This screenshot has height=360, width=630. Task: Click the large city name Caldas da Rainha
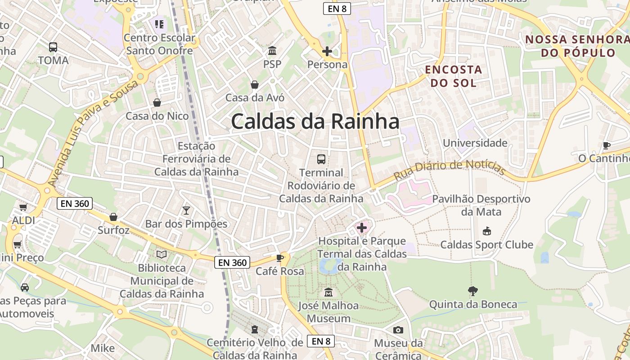[x=315, y=121]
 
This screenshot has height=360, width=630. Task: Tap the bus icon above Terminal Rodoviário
[x=321, y=159]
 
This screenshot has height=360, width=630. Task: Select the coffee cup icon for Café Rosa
[x=280, y=258]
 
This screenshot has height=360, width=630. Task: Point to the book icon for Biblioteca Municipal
[x=162, y=255]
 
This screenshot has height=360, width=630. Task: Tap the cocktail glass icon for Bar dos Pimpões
[x=186, y=210]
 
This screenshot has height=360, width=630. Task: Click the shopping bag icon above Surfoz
[x=113, y=217]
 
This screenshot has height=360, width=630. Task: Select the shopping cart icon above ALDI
[x=23, y=207]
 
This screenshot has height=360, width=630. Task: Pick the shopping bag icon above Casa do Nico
[x=157, y=103]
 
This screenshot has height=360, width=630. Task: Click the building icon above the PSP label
[x=272, y=50]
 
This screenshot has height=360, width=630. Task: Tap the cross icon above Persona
[x=327, y=51]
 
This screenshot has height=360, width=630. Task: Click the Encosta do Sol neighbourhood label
[x=453, y=76]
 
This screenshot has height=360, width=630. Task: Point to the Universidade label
[x=475, y=143]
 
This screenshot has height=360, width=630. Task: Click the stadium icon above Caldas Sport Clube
[x=486, y=231]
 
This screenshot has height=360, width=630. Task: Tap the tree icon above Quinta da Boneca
[x=472, y=291]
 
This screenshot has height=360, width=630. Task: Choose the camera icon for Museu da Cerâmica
[x=398, y=330]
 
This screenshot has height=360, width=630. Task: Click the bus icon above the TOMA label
[x=53, y=47]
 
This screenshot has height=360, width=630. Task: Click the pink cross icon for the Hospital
[x=362, y=228]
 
